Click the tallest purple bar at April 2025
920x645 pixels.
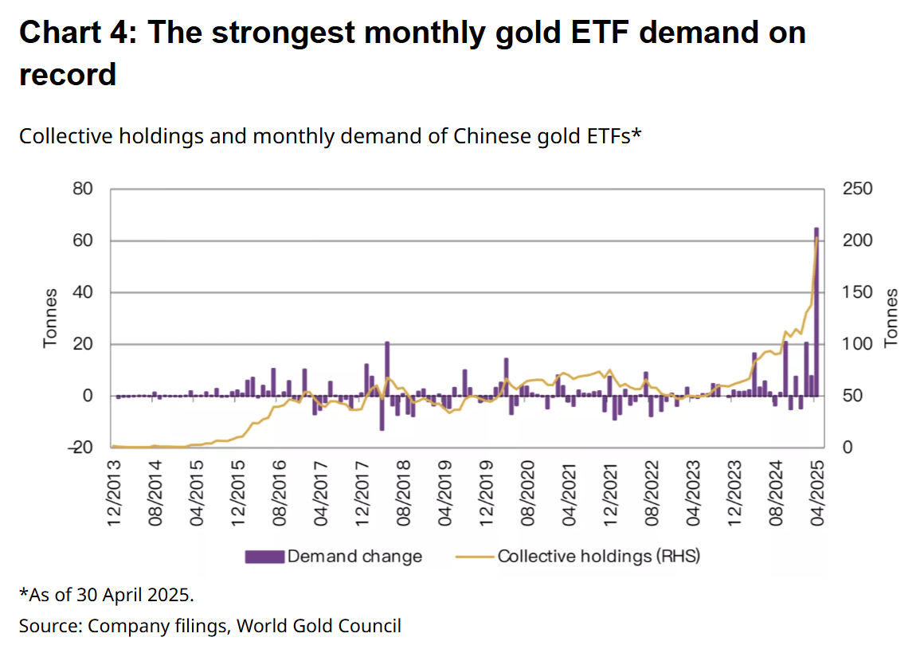point(816,311)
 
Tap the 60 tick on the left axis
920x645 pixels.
point(83,240)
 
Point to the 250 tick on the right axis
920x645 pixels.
point(858,189)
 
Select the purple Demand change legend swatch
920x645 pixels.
point(264,557)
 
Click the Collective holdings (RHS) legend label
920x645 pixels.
point(599,557)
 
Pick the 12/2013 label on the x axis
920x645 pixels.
point(114,493)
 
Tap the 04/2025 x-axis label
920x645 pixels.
point(816,493)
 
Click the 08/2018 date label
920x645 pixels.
point(403,493)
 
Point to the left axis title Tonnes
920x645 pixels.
point(50,318)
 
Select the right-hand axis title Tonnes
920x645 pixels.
point(891,318)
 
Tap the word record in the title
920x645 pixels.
point(68,75)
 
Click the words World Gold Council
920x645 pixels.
point(319,626)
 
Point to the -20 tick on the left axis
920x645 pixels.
point(81,448)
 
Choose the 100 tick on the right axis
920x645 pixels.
point(858,344)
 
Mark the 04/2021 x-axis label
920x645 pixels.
point(569,493)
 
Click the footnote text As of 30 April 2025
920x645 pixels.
point(111,595)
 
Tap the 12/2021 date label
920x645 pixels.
point(610,493)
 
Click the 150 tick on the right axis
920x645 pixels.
point(858,292)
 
